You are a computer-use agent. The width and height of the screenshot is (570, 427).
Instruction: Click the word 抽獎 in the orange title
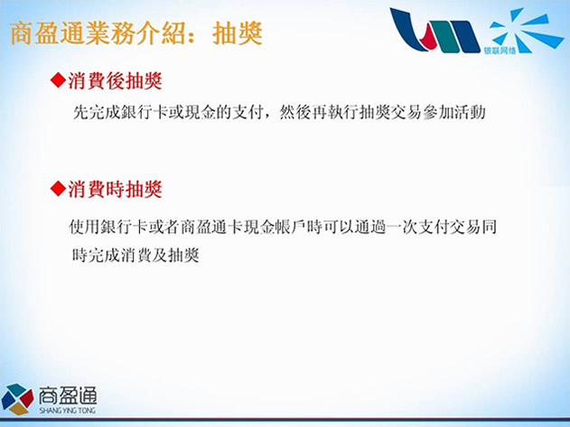[x=238, y=33]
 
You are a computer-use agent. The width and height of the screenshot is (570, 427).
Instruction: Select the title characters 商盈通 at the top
[x=47, y=33]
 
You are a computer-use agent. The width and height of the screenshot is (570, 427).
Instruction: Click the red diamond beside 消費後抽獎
[x=58, y=80]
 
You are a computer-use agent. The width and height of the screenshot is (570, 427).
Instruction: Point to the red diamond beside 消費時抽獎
[x=58, y=189]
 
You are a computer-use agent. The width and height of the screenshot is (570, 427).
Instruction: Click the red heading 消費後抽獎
[x=115, y=80]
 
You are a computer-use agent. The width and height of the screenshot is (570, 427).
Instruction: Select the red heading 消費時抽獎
[x=115, y=189]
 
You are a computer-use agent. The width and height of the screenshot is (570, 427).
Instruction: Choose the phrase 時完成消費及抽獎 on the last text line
[x=135, y=255]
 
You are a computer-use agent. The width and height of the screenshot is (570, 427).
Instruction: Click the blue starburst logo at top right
[x=526, y=29]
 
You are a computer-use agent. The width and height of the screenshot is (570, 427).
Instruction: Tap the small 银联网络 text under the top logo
[x=500, y=51]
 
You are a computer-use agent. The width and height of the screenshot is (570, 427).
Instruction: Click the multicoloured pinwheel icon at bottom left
[x=17, y=399]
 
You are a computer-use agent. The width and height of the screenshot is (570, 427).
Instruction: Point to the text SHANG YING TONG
[x=68, y=410]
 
